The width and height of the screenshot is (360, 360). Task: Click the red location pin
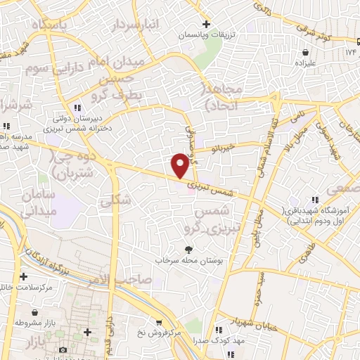pos(180,165)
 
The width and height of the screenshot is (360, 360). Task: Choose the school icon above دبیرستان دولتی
pos(77,107)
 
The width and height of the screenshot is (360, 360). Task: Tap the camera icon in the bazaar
pos(62,349)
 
